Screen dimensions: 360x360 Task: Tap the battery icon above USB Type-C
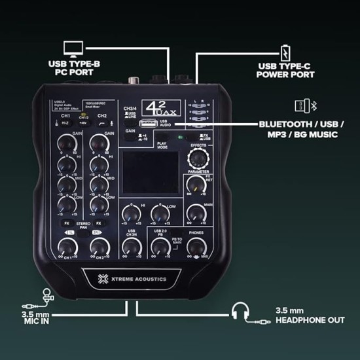click(x=285, y=50)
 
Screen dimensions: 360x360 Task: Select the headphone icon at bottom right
click(x=241, y=312)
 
